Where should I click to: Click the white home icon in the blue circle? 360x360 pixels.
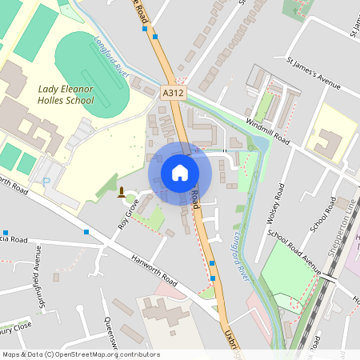(180, 172)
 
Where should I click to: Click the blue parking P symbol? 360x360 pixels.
(46, 182)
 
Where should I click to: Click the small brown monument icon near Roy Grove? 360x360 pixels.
(121, 192)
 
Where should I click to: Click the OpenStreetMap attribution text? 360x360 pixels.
(81, 354)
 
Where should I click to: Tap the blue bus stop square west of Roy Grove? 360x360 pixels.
(86, 232)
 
